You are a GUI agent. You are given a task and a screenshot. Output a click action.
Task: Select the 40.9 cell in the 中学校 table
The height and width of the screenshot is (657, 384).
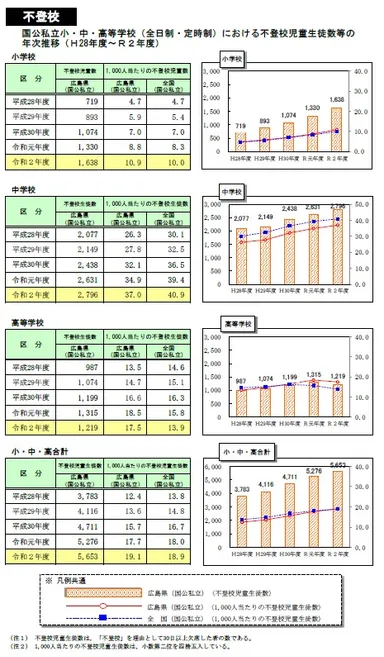point(175,295)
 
